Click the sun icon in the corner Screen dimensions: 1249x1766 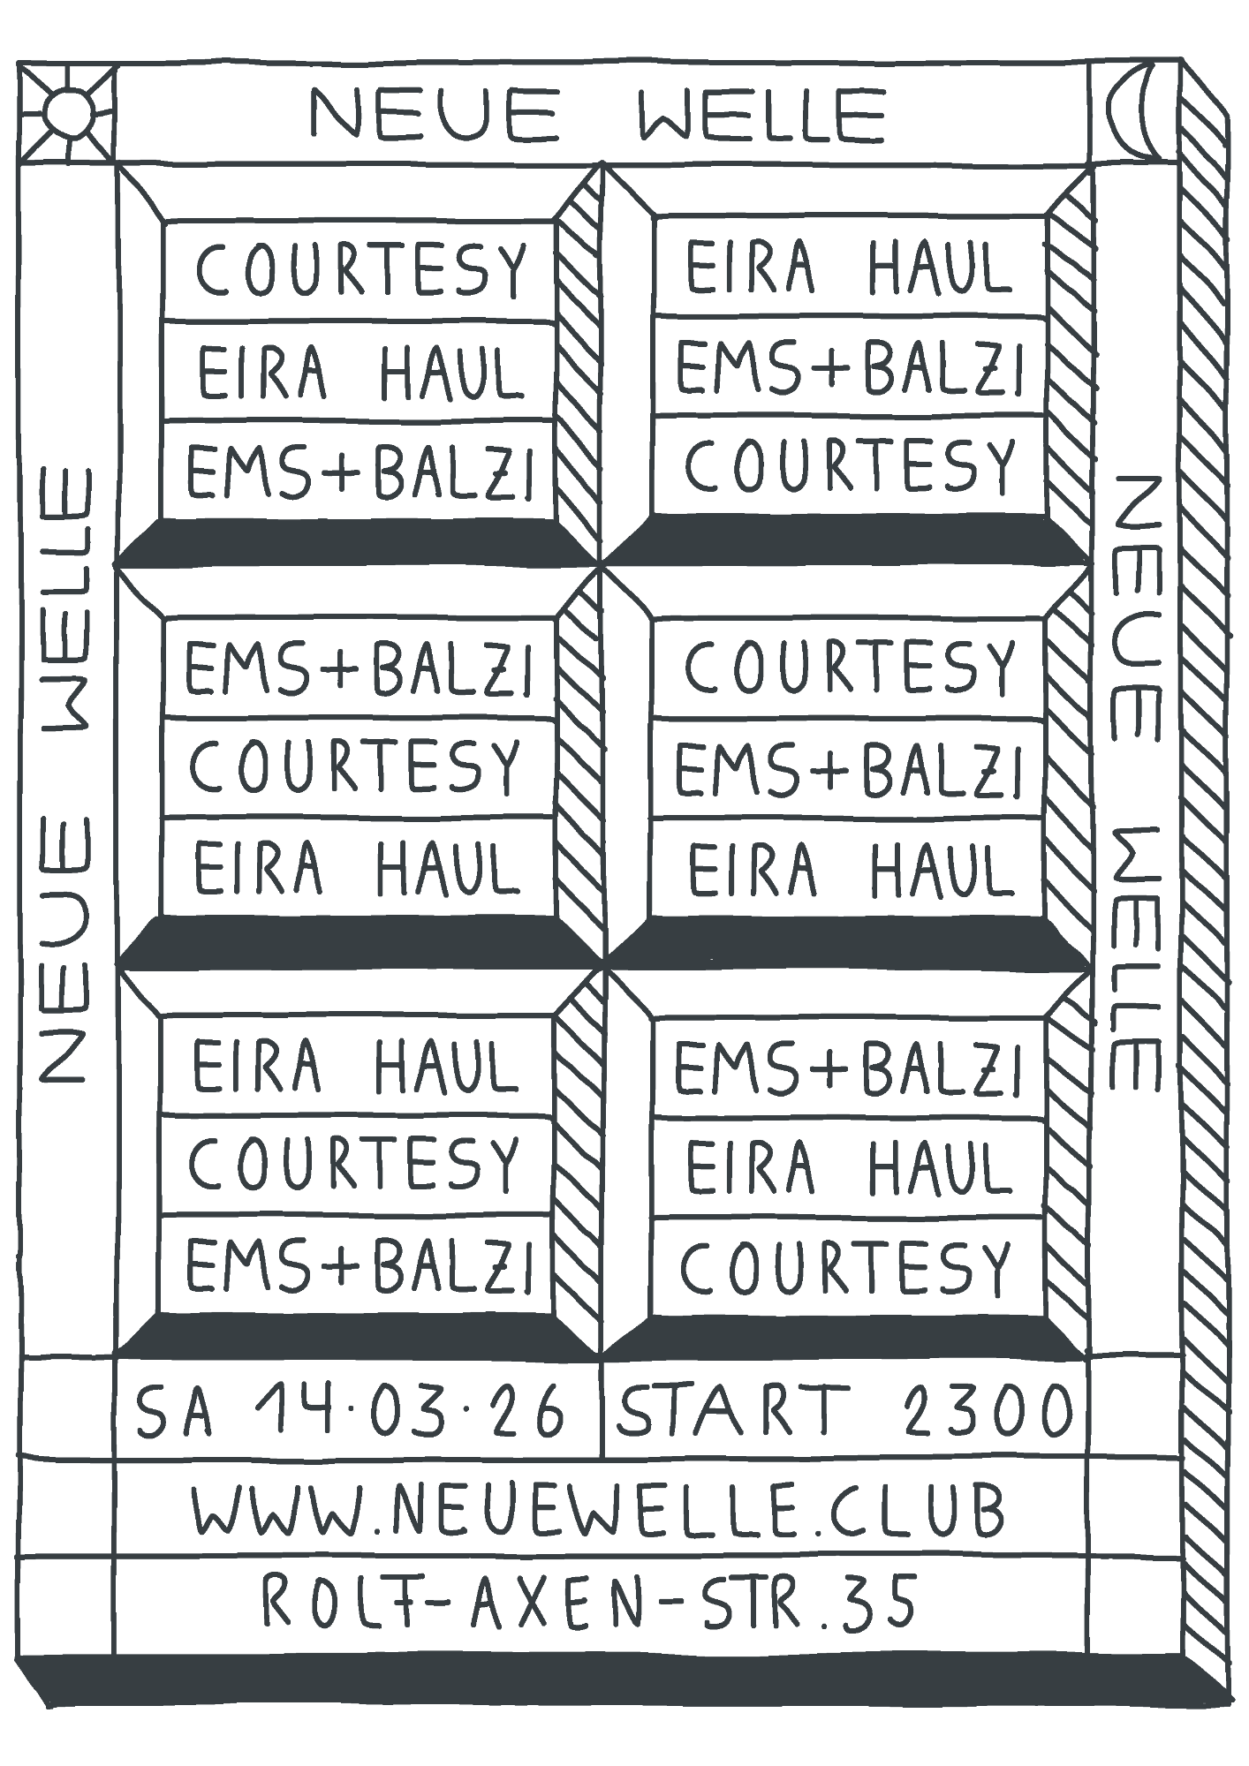pos(67,112)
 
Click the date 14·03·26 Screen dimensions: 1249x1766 pos(408,1411)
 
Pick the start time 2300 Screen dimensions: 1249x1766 pos(988,1410)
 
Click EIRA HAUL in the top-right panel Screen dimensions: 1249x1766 pos(848,266)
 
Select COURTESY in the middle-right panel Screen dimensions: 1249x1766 pos(850,666)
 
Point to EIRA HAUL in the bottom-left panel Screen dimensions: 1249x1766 pos(356,1065)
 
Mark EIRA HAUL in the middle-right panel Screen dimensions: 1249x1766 pos(850,869)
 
